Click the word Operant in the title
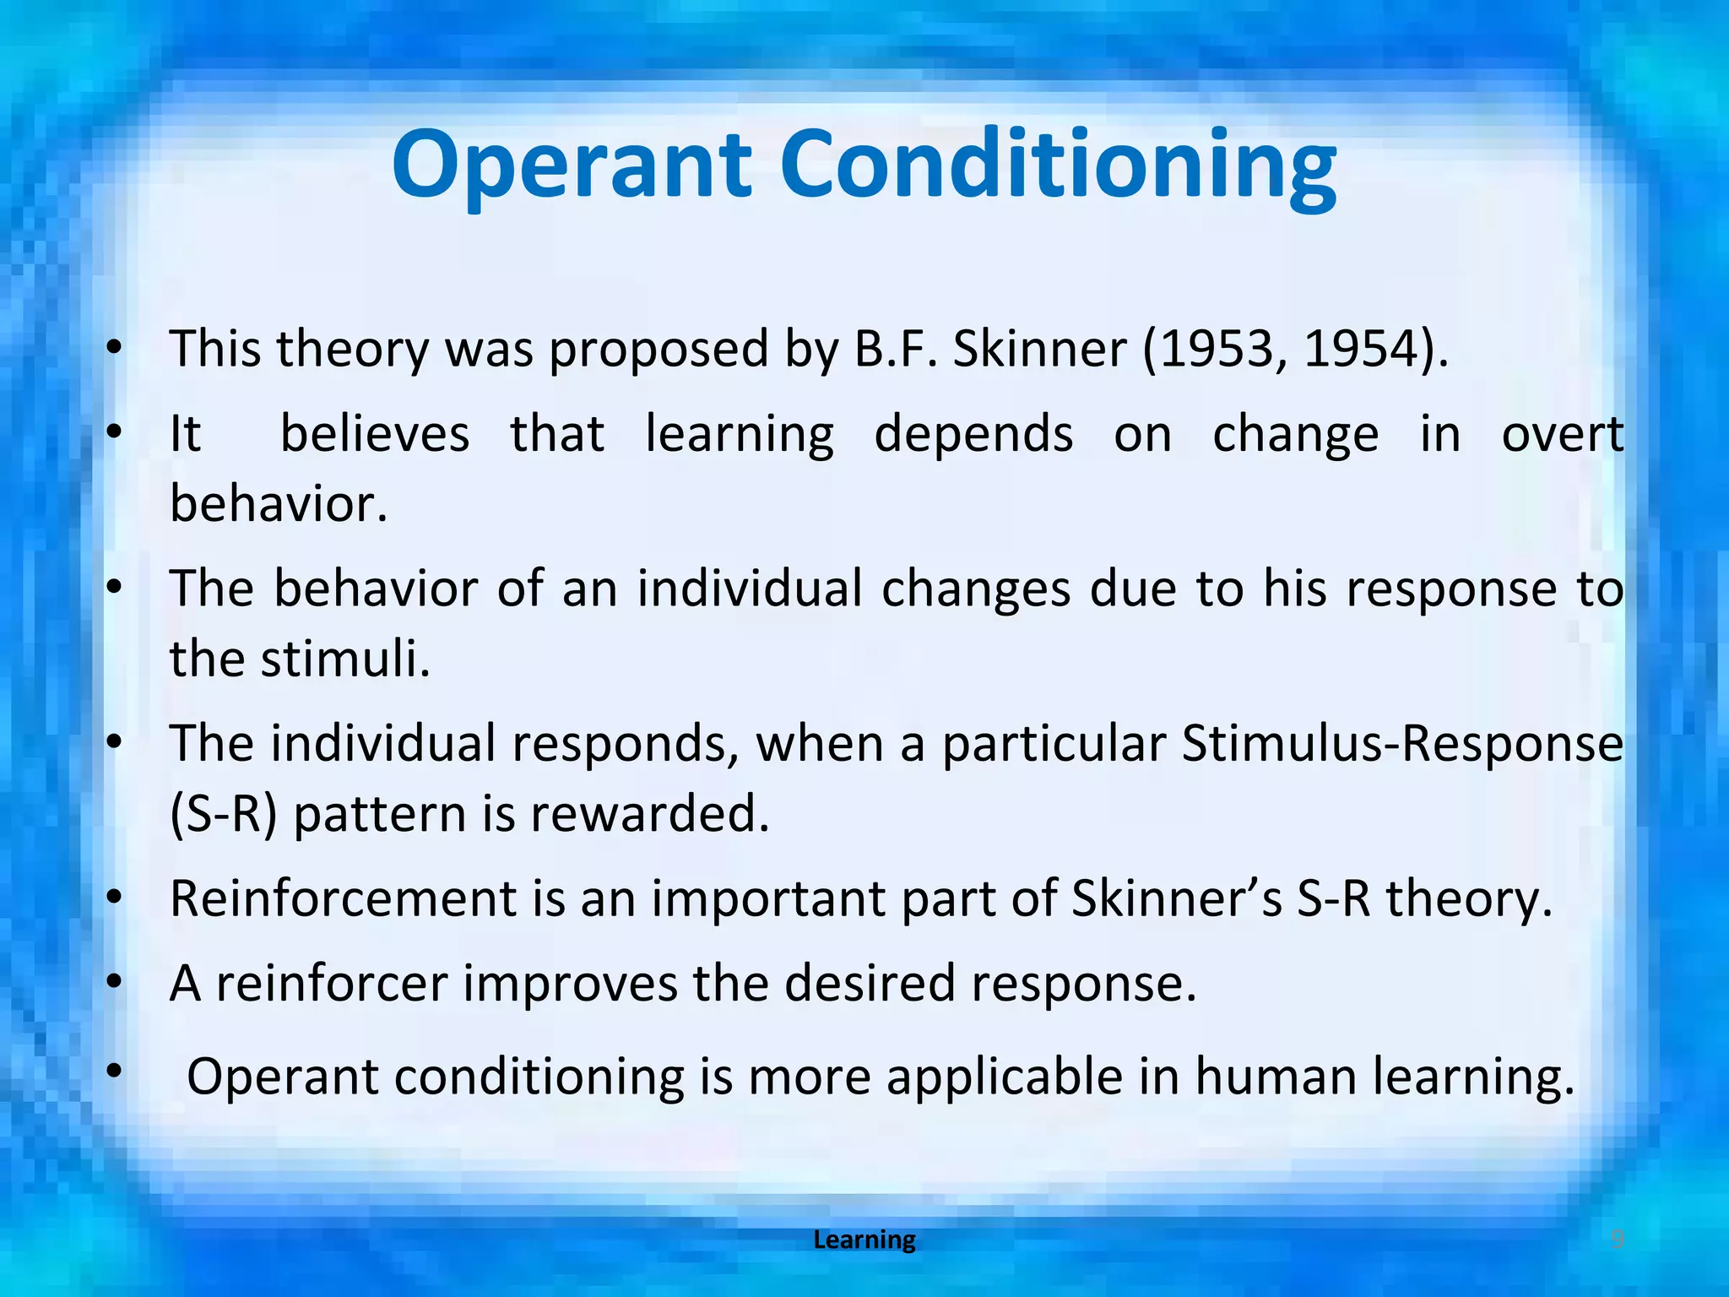[571, 165]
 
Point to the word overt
[1562, 435]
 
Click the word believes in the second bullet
[374, 435]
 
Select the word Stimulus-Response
[1401, 745]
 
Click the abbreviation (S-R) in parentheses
[223, 815]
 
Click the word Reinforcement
[343, 898]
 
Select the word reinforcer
[331, 985]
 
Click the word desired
[870, 985]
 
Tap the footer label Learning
[864, 1240]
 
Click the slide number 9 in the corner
[1617, 1239]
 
